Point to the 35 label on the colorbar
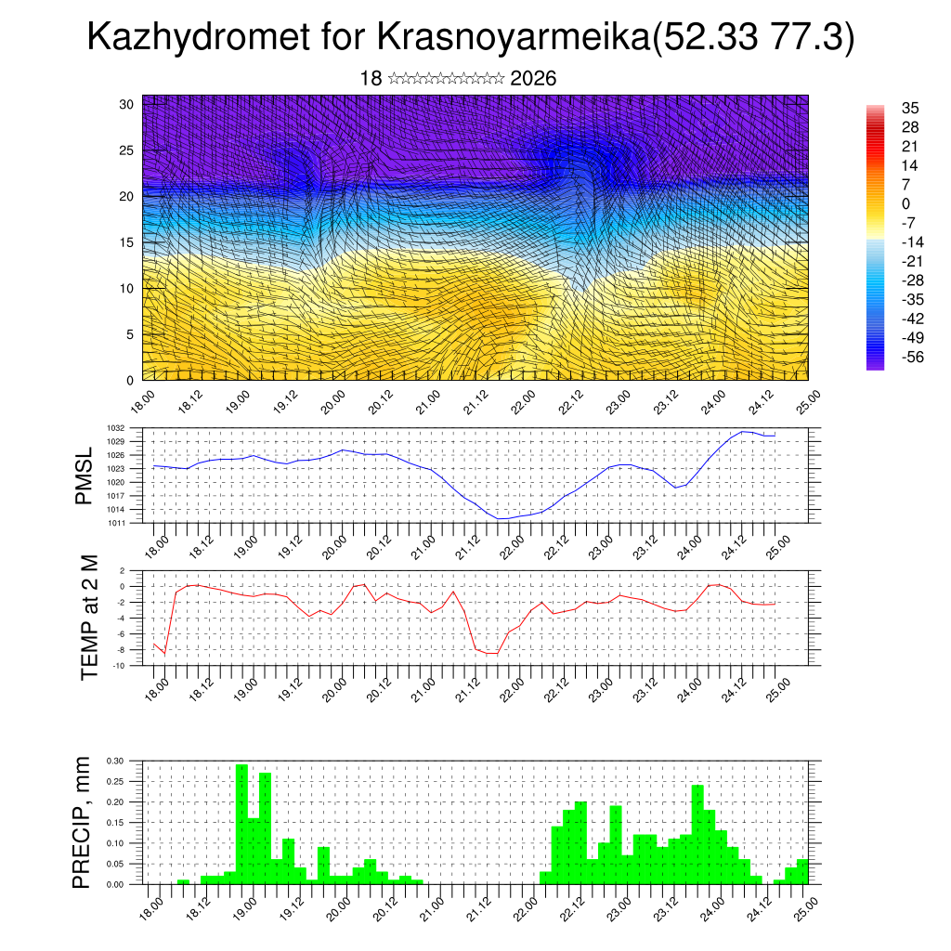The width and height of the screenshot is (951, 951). [910, 108]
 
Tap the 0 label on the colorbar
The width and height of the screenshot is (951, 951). [906, 203]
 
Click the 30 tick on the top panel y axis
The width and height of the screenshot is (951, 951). [126, 104]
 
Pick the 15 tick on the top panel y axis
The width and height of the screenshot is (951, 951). [126, 242]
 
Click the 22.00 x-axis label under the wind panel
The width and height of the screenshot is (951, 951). [522, 402]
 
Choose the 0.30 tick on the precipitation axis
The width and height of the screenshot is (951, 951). [114, 761]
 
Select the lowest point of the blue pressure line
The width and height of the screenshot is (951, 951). [502, 518]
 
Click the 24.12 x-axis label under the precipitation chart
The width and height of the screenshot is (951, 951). [761, 905]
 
